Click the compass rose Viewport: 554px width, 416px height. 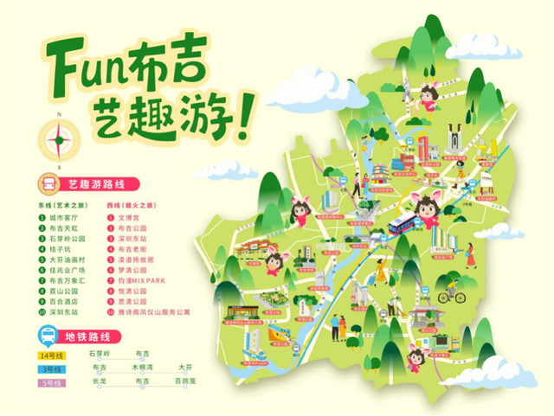coord(59,139)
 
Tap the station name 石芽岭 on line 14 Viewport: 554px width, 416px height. coord(99,355)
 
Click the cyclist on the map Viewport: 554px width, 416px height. coord(447,293)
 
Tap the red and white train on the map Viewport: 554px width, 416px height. coord(399,226)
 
